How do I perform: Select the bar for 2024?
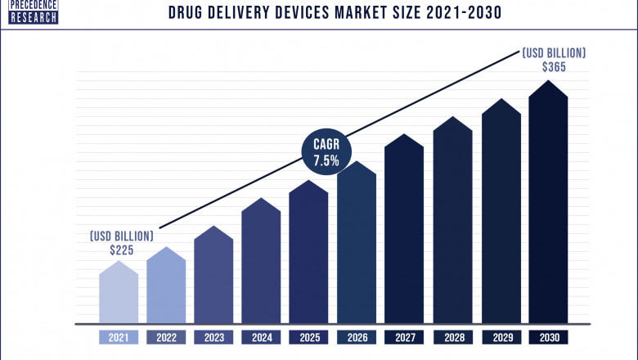tap(261, 262)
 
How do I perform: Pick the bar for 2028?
tap(452, 221)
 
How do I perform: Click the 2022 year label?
tap(166, 336)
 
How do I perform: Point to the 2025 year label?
tap(309, 336)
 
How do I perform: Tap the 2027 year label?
tap(404, 336)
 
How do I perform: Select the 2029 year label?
tap(500, 336)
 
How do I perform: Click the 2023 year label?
tap(213, 336)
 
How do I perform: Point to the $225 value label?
tap(121, 250)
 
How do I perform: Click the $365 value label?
tap(554, 67)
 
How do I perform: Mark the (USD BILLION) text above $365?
tap(554, 52)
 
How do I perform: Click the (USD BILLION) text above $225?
tap(121, 236)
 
